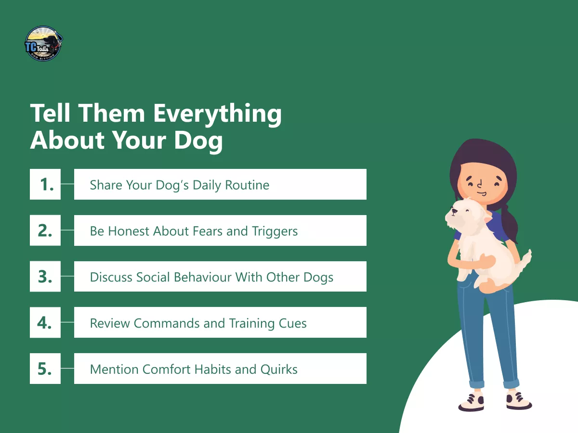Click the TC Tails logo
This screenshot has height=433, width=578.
(44, 44)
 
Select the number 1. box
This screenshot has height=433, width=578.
(45, 184)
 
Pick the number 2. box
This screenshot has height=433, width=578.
(45, 230)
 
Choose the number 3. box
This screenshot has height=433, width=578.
(45, 277)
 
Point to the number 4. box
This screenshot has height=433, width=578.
(45, 322)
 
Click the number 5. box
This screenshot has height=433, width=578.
(45, 369)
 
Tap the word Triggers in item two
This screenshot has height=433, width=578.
(274, 231)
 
